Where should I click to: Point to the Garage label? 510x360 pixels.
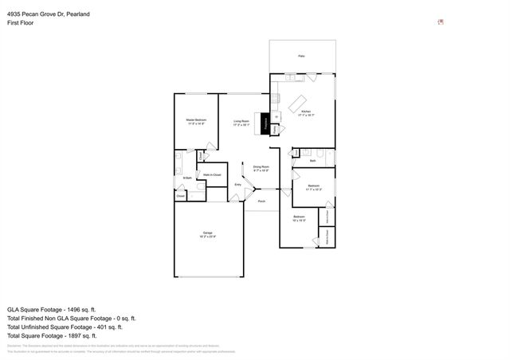pos(206,234)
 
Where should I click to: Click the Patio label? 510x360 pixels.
pos(301,56)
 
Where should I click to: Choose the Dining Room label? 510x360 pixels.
pos(261,168)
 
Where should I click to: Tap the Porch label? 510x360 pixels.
pos(261,201)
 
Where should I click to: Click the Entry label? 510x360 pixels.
pos(237,185)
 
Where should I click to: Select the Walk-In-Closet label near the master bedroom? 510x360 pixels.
pos(212,174)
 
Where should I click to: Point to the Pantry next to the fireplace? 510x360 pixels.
pos(276,129)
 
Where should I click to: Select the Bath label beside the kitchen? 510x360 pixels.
pos(313,161)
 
